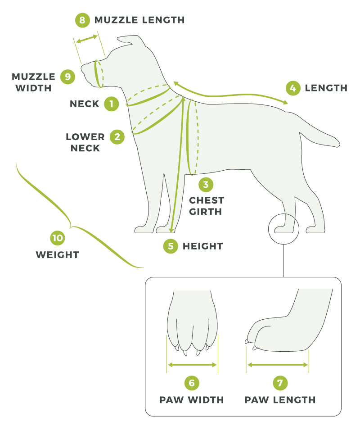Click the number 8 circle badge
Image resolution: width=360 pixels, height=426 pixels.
[81, 20]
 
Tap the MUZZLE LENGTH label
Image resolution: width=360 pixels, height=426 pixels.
[139, 20]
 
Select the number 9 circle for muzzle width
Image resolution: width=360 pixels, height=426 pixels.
[67, 77]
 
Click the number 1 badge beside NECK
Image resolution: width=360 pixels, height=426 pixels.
[111, 104]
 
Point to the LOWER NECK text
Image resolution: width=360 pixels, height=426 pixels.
[85, 142]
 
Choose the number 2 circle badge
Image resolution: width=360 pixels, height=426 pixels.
[117, 136]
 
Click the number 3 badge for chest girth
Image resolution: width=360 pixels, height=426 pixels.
[206, 184]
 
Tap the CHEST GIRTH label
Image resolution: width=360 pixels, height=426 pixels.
[206, 205]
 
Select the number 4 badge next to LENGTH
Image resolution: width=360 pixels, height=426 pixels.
[292, 88]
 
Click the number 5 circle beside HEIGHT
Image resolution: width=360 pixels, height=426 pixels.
[171, 246]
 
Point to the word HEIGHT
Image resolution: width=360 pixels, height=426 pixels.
[202, 246]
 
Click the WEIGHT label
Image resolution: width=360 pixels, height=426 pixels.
[57, 255]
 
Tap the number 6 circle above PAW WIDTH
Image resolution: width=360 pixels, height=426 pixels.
[192, 383]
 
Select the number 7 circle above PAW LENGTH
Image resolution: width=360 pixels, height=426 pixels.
[280, 383]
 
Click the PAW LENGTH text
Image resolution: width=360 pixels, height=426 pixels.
[280, 400]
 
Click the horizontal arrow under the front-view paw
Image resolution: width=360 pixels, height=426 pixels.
[192, 365]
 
